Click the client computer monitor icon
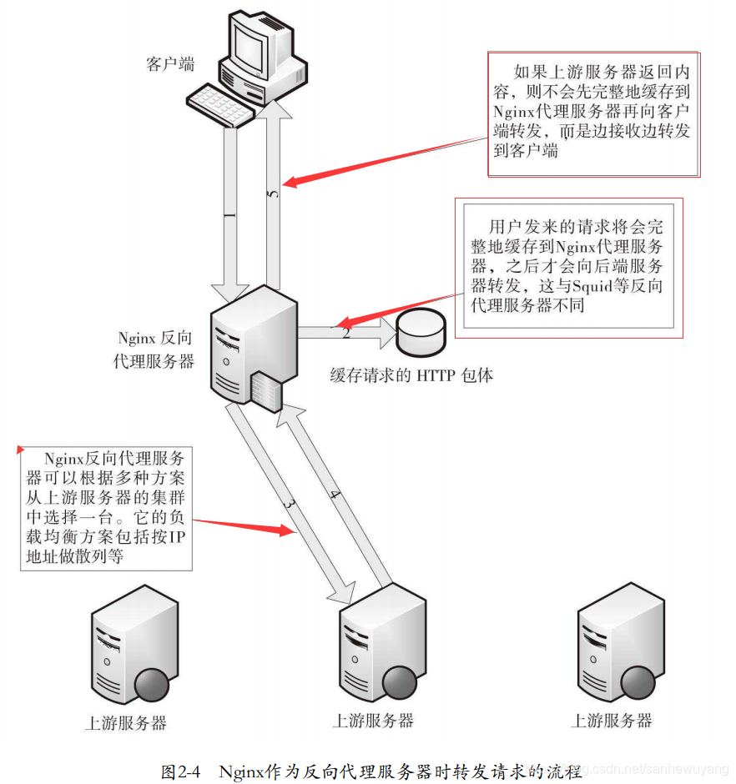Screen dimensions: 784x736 [x=260, y=46]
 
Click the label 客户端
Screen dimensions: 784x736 [x=170, y=64]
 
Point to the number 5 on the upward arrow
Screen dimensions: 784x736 [x=272, y=194]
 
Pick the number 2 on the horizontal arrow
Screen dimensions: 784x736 [x=345, y=333]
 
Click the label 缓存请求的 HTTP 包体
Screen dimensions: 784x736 [x=411, y=375]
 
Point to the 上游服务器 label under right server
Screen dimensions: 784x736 [x=611, y=721]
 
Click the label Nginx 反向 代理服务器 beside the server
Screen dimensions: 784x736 [x=154, y=349]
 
